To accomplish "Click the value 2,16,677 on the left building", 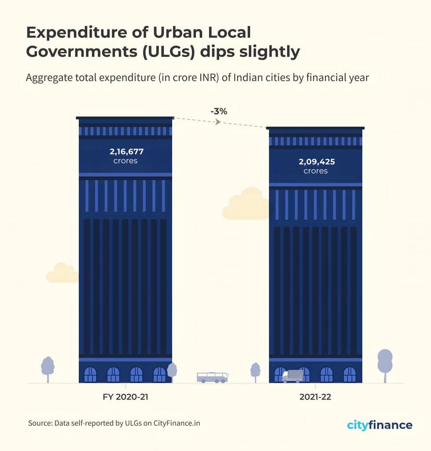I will [x=126, y=152].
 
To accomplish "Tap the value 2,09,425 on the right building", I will [x=317, y=162].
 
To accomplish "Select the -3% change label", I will [x=219, y=111].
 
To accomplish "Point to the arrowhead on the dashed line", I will [x=217, y=122].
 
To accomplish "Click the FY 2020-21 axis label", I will [x=125, y=397].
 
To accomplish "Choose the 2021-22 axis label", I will [x=315, y=397].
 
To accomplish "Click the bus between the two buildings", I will [x=212, y=377].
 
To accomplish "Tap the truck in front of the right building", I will [x=293, y=376].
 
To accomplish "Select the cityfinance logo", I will [x=379, y=425].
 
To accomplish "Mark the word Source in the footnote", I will [x=40, y=423].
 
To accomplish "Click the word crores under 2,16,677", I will [x=125, y=161].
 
